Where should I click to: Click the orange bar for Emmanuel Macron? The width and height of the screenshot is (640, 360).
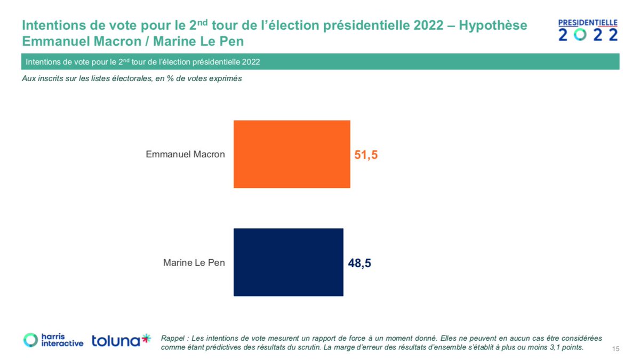tap(292, 154)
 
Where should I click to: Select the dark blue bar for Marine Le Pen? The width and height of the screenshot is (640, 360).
tap(289, 262)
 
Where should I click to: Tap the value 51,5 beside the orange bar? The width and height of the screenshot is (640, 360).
tap(366, 155)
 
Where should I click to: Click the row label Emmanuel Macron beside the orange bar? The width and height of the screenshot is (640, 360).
tap(185, 155)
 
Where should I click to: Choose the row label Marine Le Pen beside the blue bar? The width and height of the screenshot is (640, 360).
tap(194, 262)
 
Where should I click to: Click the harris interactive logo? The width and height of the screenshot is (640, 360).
tap(53, 340)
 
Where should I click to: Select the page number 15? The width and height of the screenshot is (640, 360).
tap(615, 349)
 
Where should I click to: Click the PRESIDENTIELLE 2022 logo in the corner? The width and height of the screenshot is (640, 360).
tap(588, 30)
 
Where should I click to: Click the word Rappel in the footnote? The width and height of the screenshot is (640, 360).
tap(173, 339)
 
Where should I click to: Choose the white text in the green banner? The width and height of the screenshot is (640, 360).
tap(143, 62)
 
